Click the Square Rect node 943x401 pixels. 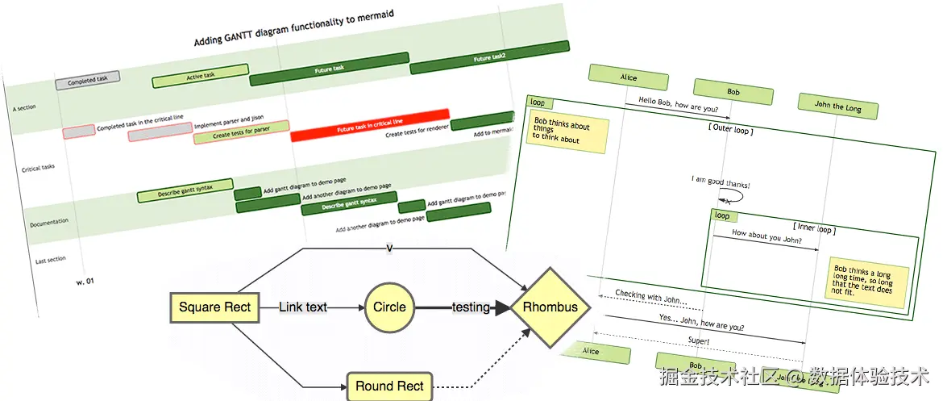(x=215, y=307)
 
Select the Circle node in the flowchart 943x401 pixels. (x=389, y=307)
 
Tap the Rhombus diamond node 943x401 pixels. (x=550, y=307)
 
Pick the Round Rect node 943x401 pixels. (x=389, y=386)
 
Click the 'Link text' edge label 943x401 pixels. (x=303, y=307)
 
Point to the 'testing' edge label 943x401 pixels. (x=470, y=307)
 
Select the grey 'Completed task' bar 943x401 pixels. (x=87, y=80)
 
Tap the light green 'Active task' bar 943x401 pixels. (x=200, y=76)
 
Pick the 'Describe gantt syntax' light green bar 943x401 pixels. (x=185, y=190)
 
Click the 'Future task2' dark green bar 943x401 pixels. (x=489, y=59)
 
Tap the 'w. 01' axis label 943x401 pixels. (x=85, y=282)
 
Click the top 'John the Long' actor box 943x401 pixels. (x=838, y=106)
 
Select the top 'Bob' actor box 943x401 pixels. (x=733, y=92)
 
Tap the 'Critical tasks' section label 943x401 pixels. (x=39, y=169)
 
